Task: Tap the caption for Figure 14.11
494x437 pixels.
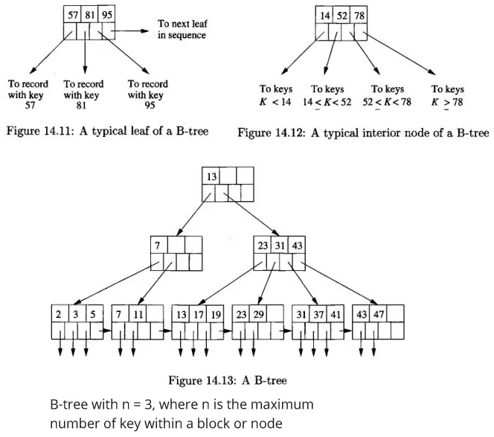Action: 107,132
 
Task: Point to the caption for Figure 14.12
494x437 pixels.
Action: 363,133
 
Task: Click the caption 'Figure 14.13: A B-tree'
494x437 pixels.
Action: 228,381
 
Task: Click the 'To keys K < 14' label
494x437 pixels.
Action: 275,95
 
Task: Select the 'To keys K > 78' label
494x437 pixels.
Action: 447,95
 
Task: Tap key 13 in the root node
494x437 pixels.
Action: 212,176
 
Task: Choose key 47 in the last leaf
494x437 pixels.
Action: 378,314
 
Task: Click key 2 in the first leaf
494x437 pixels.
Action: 59,314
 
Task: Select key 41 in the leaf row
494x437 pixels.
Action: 336,314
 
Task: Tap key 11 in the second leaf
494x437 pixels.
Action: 138,314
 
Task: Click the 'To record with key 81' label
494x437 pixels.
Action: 83,95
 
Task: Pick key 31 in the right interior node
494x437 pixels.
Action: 280,244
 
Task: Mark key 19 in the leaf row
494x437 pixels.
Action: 215,314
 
